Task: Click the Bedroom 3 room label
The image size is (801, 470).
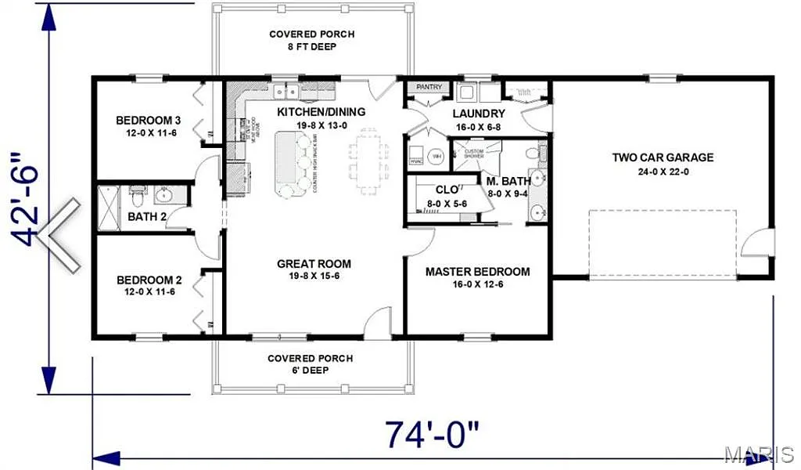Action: pyautogui.click(x=149, y=120)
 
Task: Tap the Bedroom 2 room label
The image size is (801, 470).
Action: pyautogui.click(x=149, y=280)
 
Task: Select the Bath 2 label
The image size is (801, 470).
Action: pyautogui.click(x=147, y=217)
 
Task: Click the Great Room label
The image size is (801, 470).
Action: pyautogui.click(x=314, y=264)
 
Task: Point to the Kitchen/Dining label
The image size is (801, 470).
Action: pyautogui.click(x=321, y=112)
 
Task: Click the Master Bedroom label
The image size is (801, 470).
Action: pyautogui.click(x=477, y=272)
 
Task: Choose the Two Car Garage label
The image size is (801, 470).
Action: pyautogui.click(x=663, y=157)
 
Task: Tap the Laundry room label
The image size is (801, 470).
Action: pyautogui.click(x=479, y=114)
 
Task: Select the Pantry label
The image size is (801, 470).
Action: pyautogui.click(x=429, y=87)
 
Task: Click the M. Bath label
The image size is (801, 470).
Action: pyautogui.click(x=508, y=181)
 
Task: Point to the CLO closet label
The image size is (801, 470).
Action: pyautogui.click(x=447, y=190)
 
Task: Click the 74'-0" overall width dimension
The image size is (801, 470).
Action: pyautogui.click(x=431, y=434)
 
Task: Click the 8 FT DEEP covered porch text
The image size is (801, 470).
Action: pyautogui.click(x=311, y=47)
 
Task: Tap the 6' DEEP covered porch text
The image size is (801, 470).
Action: pyautogui.click(x=310, y=371)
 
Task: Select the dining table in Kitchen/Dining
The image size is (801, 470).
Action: pyautogui.click(x=367, y=161)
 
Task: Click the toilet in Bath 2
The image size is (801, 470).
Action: pyautogui.click(x=138, y=193)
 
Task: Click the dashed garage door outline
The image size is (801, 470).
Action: pyautogui.click(x=662, y=244)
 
